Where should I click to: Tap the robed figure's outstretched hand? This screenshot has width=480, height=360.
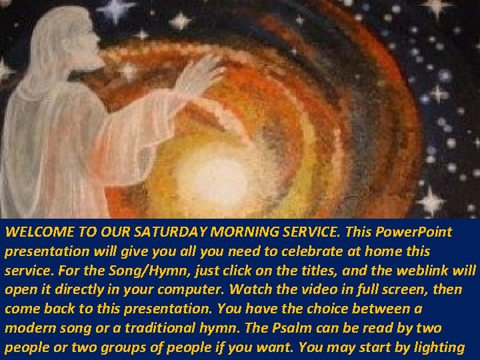point(201,73)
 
